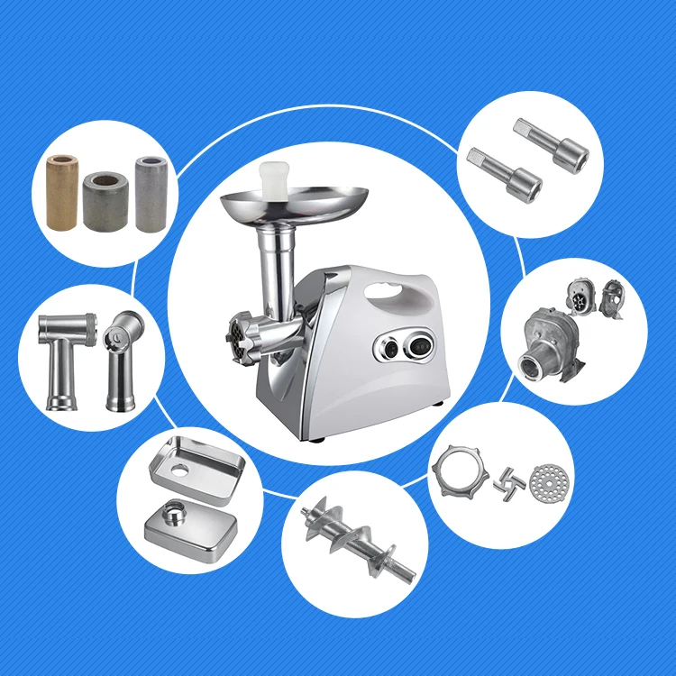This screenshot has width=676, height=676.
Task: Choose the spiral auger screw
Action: click(x=358, y=538)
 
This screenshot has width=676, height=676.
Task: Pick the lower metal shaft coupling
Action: click(x=507, y=170)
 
